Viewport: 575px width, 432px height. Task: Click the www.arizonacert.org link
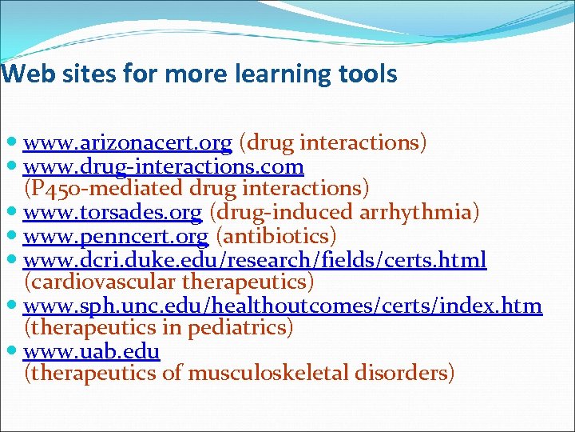tap(128, 143)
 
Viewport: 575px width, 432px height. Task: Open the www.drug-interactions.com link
tap(164, 166)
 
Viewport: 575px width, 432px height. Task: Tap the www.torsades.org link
tap(113, 213)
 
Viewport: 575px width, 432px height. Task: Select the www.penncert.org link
tap(116, 236)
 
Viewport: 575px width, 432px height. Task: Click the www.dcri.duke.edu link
tap(255, 259)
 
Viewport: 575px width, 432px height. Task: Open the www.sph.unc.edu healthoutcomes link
tap(283, 306)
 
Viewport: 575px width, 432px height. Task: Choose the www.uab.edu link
tap(92, 351)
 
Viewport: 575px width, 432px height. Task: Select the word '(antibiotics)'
tap(277, 236)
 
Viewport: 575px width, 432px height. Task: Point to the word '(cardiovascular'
tap(101, 282)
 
